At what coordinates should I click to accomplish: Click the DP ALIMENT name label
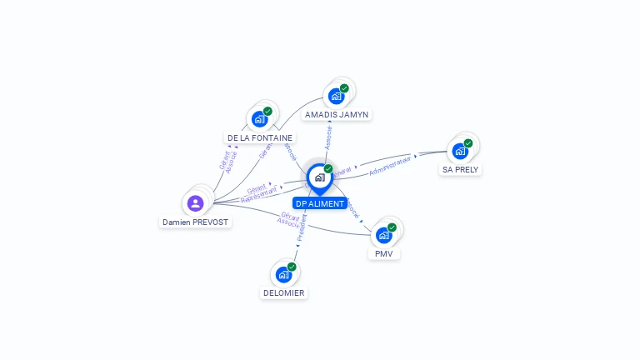(319, 203)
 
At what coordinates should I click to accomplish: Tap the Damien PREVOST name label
(195, 222)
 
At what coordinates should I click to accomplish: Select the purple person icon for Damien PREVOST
(195, 202)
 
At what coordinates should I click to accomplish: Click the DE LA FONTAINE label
(260, 137)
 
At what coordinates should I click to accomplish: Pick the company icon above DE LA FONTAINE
(259, 119)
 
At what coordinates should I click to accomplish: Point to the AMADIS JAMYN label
(337, 114)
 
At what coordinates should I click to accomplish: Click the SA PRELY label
(461, 169)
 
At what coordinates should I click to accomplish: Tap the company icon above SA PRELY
(459, 151)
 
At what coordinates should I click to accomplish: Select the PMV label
(383, 253)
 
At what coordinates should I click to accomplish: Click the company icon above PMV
(383, 235)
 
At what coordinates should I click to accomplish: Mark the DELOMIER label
(284, 292)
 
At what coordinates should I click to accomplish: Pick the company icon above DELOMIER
(283, 274)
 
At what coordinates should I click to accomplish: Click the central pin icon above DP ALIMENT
(319, 177)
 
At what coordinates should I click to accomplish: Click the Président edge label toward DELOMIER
(301, 229)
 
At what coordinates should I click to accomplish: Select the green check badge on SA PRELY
(468, 143)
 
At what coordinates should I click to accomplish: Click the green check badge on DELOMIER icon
(292, 267)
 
